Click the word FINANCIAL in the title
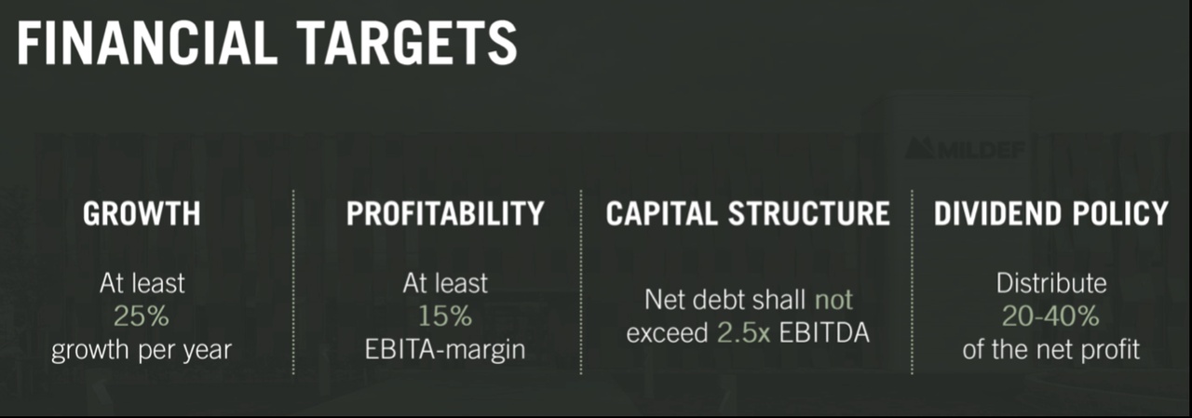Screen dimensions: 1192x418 [x=147, y=43]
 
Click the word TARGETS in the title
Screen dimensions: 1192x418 [x=407, y=43]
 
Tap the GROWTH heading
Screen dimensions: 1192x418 [x=142, y=214]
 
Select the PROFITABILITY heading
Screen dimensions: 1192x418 [x=445, y=214]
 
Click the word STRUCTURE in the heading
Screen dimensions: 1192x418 [x=809, y=214]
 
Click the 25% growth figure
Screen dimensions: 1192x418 [x=142, y=317]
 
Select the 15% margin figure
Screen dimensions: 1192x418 [x=445, y=317]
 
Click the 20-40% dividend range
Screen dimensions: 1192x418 [x=1050, y=317]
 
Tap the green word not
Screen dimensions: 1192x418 [x=833, y=301]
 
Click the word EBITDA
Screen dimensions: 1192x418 [x=824, y=333]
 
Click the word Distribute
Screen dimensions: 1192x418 [x=1051, y=283]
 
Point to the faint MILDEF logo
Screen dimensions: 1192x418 [x=964, y=149]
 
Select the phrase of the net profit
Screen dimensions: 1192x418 [x=1051, y=350]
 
